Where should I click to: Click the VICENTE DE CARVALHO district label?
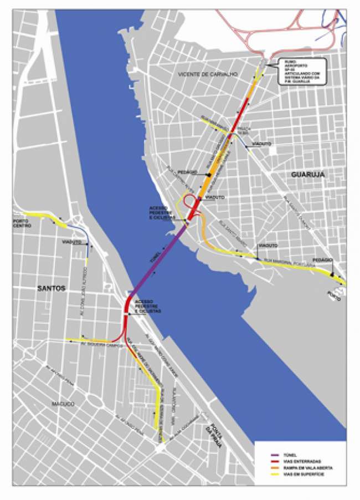pyautogui.click(x=208, y=74)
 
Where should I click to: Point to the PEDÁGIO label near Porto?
pyautogui.click(x=322, y=259)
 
